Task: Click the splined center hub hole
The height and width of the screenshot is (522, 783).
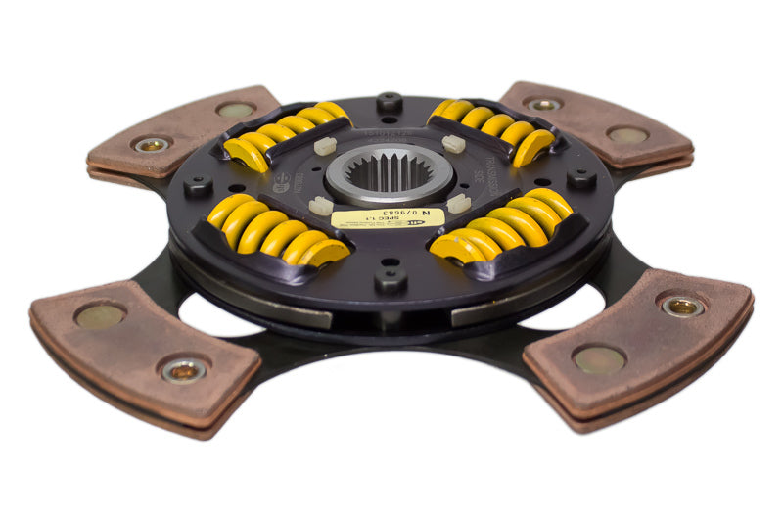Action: coord(389,172)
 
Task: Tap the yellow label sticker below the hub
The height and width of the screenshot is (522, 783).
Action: coord(388,217)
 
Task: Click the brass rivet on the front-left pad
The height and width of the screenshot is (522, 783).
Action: coord(183,369)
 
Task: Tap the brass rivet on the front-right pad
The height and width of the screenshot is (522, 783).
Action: coord(681,306)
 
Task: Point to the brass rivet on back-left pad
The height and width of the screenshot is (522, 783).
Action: coord(152,144)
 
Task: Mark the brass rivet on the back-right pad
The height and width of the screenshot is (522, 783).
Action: coord(543,103)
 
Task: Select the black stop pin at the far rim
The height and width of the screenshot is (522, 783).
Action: coord(389,100)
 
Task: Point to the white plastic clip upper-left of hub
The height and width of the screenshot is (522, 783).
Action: coord(324,144)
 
